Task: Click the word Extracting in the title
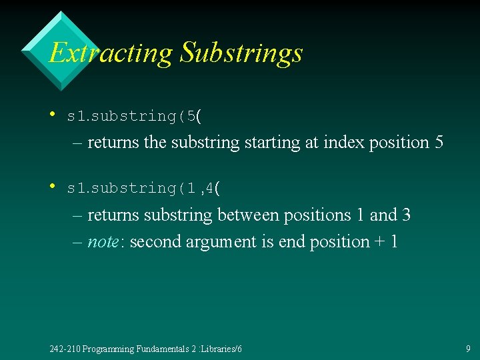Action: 111,53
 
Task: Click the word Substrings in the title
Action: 241,53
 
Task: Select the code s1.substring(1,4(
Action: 144,189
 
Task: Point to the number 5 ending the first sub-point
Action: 437,143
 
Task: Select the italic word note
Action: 103,242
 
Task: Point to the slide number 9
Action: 468,349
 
